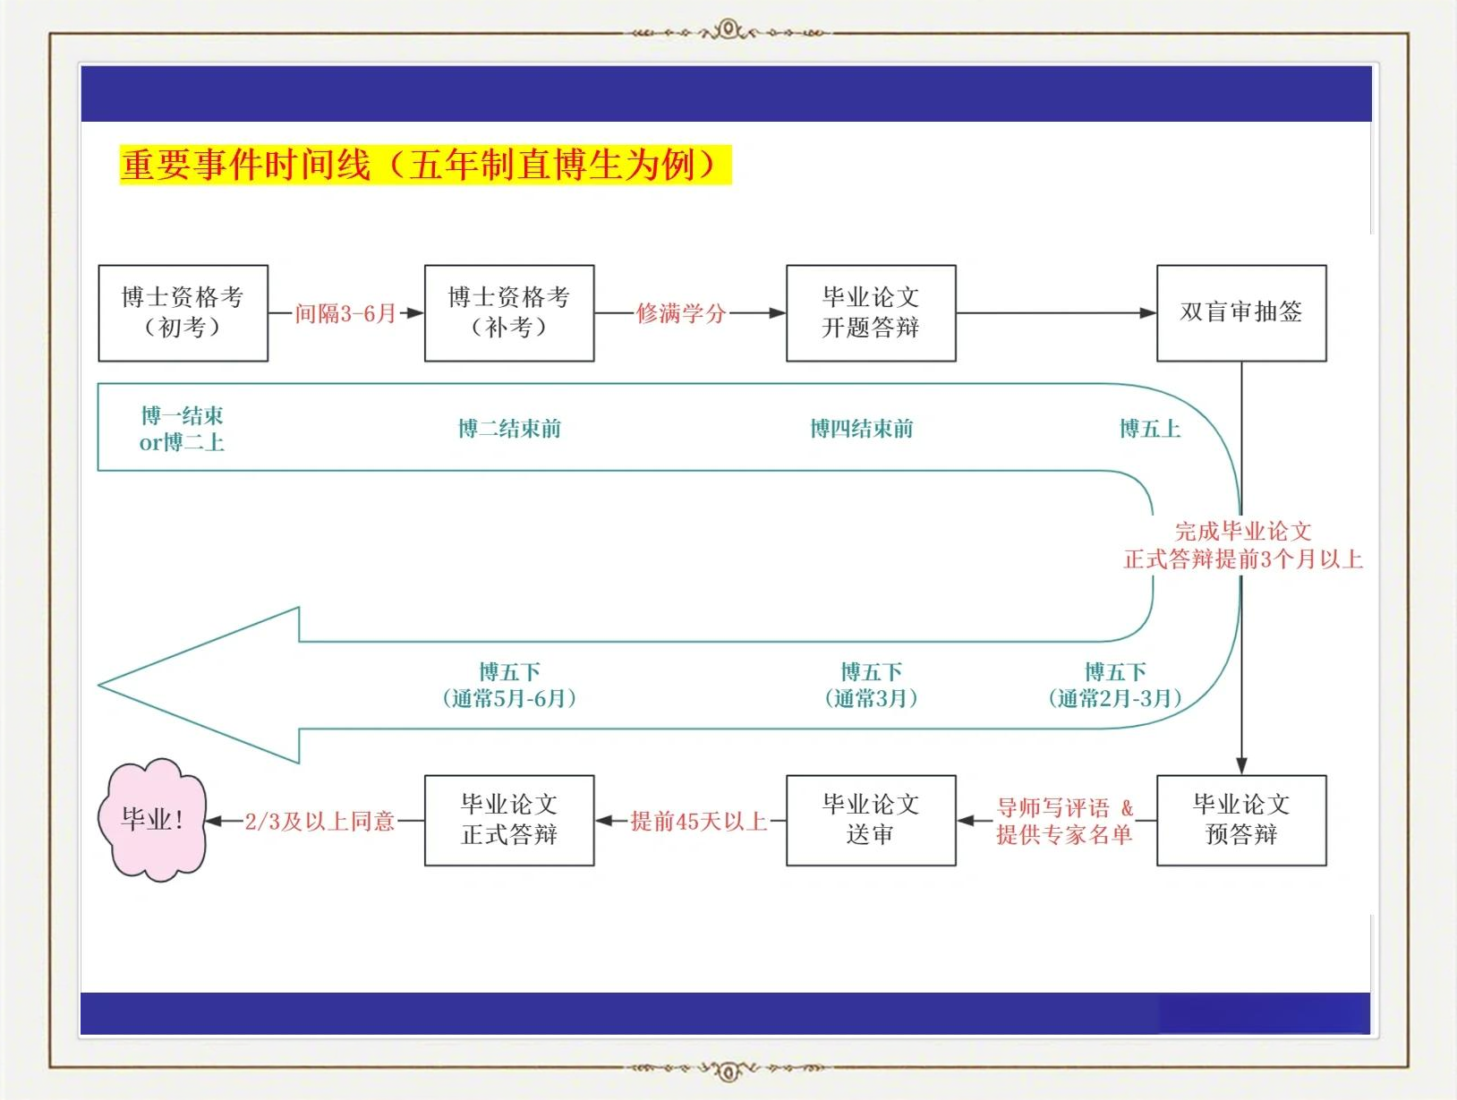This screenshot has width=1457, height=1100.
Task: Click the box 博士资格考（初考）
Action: [x=183, y=313]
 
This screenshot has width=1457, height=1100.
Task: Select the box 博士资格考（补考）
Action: [x=509, y=313]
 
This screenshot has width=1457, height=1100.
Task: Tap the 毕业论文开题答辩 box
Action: [x=871, y=313]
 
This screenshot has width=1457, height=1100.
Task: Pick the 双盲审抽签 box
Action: [x=1241, y=313]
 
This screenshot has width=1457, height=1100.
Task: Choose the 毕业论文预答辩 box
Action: [x=1241, y=820]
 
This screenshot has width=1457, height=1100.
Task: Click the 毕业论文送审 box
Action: [x=871, y=820]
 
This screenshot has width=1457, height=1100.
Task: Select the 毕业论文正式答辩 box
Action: [x=509, y=820]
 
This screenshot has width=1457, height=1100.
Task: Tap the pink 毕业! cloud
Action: [x=152, y=820]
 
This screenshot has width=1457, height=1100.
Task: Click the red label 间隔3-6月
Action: [x=345, y=313]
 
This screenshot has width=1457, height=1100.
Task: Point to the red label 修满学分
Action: [x=681, y=313]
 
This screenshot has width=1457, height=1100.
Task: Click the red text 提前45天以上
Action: [x=698, y=821]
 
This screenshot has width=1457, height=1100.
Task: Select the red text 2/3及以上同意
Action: [x=320, y=821]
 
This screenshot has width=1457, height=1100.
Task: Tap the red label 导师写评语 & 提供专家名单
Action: [x=1065, y=821]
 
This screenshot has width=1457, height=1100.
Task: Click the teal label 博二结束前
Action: [x=510, y=429]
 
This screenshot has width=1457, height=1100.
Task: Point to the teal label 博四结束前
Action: [x=862, y=429]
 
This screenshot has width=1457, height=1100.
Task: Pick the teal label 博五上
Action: [x=1150, y=429]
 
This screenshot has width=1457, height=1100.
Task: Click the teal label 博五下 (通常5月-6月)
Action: [x=510, y=685]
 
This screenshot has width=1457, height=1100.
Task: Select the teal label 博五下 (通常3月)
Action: [x=871, y=685]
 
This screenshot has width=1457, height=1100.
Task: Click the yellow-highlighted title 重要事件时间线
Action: [x=245, y=165]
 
